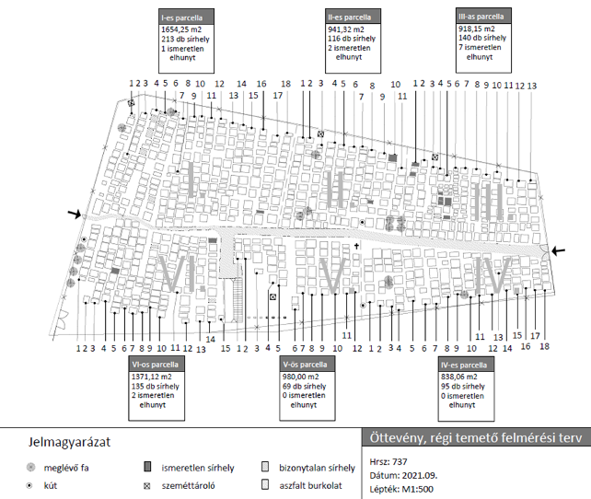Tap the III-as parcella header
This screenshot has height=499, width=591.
click(x=481, y=16)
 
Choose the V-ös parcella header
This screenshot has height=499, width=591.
click(x=306, y=364)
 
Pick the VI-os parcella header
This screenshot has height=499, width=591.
click(x=157, y=364)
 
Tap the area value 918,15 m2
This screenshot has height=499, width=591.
click(x=477, y=28)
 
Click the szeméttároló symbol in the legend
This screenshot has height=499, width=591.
click(x=146, y=484)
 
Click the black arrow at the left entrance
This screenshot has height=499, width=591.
click(x=73, y=215)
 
